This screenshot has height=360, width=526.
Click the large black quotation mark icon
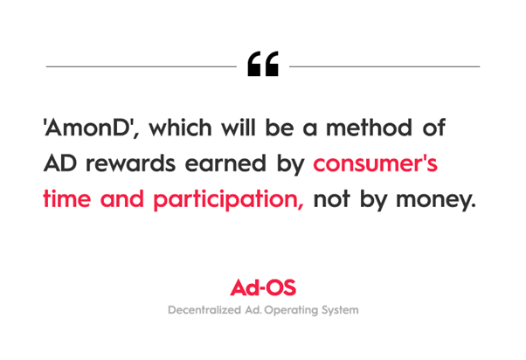pos(263,64)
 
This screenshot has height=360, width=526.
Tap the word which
pos(181,128)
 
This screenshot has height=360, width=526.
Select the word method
pos(369,128)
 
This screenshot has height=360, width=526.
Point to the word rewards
pos(130,163)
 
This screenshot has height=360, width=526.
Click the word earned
pos(225,163)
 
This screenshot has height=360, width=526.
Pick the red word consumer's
pos(376,163)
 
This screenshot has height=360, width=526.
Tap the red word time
pos(67,198)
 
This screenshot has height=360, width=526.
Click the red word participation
pos(229,200)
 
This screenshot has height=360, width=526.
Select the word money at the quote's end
pos(436,200)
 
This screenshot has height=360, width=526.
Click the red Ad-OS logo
pos(263,287)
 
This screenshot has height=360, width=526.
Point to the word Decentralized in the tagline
pos(204,309)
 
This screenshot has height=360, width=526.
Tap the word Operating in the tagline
pos(291,310)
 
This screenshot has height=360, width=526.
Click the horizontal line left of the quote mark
pos(142,66)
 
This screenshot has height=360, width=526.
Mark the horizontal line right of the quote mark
pos(384,66)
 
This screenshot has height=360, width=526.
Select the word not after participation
pos(331,199)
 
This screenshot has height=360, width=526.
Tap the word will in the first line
pos(239,128)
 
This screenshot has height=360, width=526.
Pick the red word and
pos(122,198)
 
